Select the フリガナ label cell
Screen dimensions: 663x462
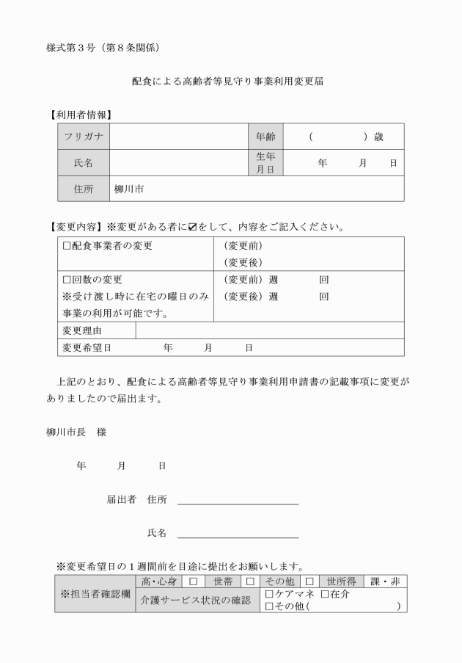pos(84,137)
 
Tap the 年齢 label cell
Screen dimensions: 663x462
pos(265,137)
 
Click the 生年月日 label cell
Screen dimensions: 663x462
pos(265,163)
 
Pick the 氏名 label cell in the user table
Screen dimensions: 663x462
pos(84,163)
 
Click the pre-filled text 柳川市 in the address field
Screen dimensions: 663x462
pos(129,189)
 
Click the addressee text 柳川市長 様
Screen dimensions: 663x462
pos(76,432)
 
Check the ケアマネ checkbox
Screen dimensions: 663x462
pos(269,594)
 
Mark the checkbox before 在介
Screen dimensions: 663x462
pos(325,594)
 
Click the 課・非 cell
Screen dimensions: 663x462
pos(384,582)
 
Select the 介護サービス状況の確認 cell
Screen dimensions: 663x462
pos(197,600)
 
